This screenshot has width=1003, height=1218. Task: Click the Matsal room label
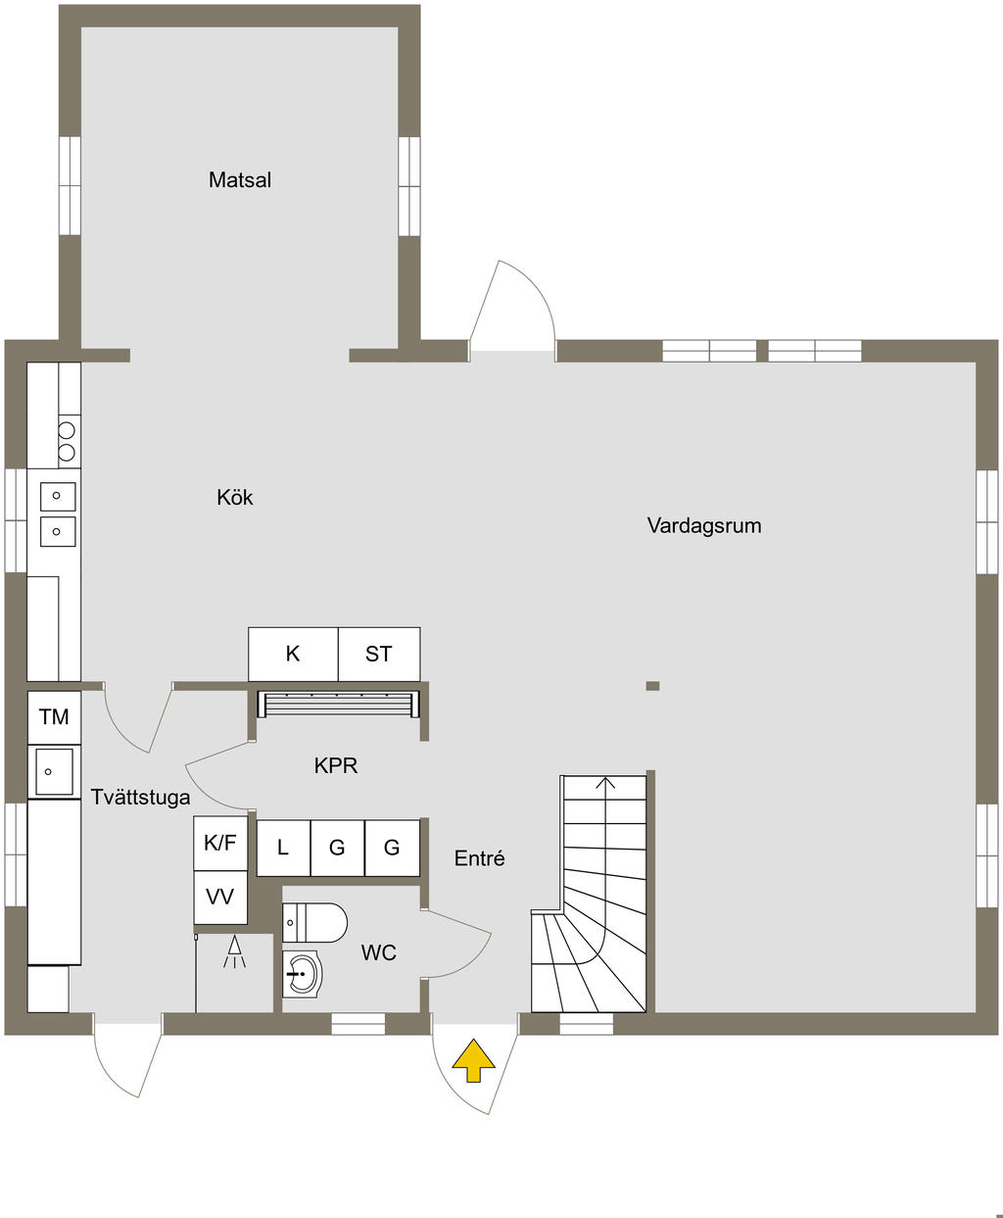click(239, 180)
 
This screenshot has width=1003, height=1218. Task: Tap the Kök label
click(235, 498)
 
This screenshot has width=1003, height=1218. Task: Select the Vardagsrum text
click(703, 525)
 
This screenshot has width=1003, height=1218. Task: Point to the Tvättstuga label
click(140, 797)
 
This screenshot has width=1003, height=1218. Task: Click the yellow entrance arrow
click(473, 1061)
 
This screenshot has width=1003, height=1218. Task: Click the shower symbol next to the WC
click(234, 952)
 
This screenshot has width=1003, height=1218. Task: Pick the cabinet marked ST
click(379, 654)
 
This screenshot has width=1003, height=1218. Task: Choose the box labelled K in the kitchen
click(293, 654)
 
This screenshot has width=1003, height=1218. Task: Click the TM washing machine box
click(54, 717)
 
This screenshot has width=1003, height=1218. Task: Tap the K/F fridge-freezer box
click(220, 843)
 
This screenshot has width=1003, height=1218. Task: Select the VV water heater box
click(220, 896)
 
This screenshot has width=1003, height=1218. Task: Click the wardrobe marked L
click(283, 848)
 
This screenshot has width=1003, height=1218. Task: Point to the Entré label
click(479, 858)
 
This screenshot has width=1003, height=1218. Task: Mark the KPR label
click(335, 765)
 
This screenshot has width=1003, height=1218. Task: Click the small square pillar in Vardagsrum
click(652, 686)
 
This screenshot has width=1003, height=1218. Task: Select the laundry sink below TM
click(54, 771)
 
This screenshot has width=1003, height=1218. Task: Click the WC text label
click(378, 952)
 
